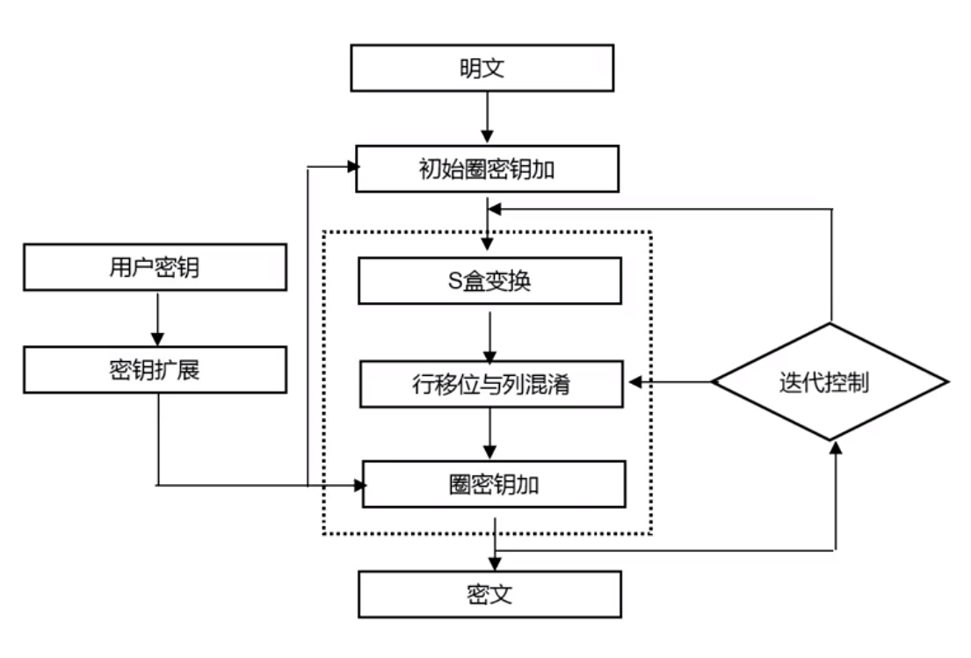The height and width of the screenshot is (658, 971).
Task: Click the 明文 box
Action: point(482,68)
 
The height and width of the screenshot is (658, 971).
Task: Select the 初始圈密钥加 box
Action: point(487,170)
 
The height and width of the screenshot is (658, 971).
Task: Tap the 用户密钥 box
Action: point(155,267)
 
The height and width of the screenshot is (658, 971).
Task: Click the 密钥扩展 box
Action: point(155,369)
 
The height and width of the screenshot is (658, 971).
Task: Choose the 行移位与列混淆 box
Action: point(492,384)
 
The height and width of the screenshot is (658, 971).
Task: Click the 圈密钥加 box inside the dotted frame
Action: point(494,484)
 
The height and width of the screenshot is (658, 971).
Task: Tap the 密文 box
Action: point(489,595)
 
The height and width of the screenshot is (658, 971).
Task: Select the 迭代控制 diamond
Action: point(830,383)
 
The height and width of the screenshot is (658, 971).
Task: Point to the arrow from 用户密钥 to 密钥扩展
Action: point(157,317)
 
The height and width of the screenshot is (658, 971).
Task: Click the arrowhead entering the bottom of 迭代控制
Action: point(836,447)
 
